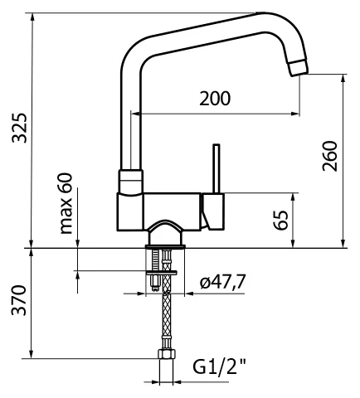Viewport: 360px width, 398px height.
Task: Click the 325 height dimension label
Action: pyautogui.click(x=20, y=128)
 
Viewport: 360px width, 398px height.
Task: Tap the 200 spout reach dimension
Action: pyautogui.click(x=215, y=99)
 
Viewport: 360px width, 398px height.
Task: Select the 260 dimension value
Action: pyautogui.click(x=330, y=156)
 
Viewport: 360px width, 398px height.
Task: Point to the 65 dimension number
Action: pyautogui.click(x=281, y=220)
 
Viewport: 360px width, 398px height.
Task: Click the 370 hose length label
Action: pyautogui.click(x=19, y=300)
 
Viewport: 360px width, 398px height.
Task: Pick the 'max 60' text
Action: pyautogui.click(x=66, y=203)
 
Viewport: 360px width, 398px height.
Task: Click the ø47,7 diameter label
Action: pyautogui.click(x=223, y=282)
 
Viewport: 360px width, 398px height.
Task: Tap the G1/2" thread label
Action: pyautogui.click(x=219, y=366)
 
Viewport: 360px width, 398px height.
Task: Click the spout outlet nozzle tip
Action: pyautogui.click(x=299, y=68)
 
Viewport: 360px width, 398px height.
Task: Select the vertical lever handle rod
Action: pyautogui.click(x=216, y=168)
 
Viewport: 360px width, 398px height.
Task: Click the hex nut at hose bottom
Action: pyautogui.click(x=167, y=354)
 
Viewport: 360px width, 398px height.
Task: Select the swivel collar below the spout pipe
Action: pyautogui.click(x=131, y=182)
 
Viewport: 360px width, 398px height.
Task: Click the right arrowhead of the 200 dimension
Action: pyautogui.click(x=295, y=114)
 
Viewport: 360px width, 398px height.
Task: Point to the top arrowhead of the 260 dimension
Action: pyautogui.click(x=343, y=79)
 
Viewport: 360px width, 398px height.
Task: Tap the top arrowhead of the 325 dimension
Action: pyautogui.click(x=32, y=17)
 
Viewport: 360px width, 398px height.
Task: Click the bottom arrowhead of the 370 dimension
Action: pyautogui.click(x=32, y=354)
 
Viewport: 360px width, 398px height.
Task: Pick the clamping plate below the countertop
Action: pyautogui.click(x=162, y=273)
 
